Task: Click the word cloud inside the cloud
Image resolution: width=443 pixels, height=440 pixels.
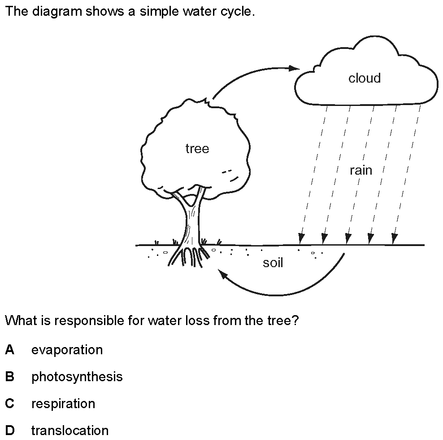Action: tap(365, 78)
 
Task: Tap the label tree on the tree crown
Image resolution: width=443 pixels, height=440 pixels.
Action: tap(197, 149)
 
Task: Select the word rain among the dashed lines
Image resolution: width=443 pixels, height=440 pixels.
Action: tap(361, 170)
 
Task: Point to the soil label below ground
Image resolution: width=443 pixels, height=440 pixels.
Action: tap(273, 263)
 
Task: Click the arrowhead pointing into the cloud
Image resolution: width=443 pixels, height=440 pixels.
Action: tap(295, 68)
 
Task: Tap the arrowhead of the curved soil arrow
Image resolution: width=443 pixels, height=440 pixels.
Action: tap(223, 273)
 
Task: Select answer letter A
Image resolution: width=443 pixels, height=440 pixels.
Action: tap(9, 350)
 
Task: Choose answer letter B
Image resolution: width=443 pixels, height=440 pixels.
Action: tap(9, 377)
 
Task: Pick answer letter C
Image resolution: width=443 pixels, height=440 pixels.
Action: tap(9, 404)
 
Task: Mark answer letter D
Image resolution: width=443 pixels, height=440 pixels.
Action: tap(10, 431)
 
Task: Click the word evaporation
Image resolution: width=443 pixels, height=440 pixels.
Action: tap(67, 350)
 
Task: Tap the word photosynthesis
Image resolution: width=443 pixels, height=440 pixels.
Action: tap(77, 377)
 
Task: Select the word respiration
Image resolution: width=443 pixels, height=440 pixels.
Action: tap(63, 404)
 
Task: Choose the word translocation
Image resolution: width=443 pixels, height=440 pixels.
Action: tap(70, 431)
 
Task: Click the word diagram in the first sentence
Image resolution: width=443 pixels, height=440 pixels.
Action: tap(57, 12)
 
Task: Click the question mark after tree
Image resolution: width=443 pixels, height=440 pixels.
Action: tap(295, 320)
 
